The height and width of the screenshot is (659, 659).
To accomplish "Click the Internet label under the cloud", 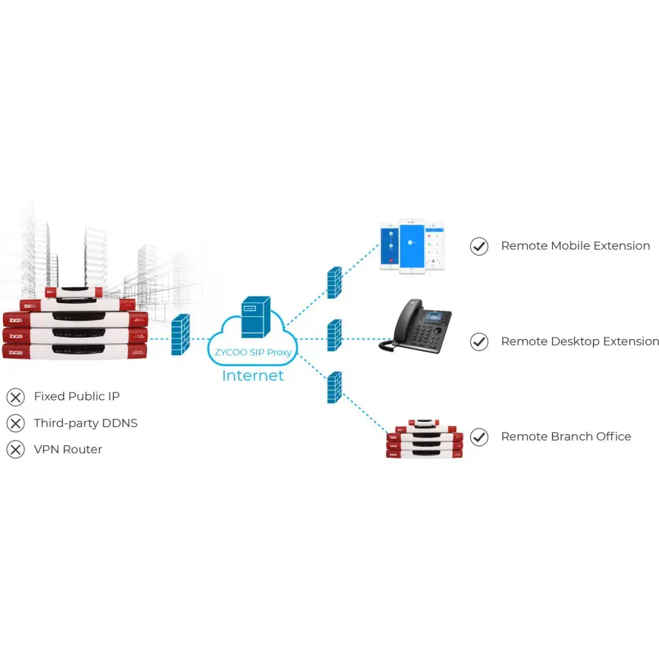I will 253,376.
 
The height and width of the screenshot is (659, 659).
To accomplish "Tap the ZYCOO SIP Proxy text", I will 253,352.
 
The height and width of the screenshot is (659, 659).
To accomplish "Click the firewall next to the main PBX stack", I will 180,335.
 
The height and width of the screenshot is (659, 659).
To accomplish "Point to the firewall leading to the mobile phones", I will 335,281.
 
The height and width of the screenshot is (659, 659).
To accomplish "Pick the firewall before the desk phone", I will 335,336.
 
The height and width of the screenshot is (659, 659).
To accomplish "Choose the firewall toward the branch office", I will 335,387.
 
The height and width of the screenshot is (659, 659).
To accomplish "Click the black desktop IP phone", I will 415,327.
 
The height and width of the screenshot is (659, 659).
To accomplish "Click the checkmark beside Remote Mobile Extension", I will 479,246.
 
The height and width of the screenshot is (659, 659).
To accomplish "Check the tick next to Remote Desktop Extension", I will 479,341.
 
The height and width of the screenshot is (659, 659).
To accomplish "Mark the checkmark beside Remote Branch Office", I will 479,437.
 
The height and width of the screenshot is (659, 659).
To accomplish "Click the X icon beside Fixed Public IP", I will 15,397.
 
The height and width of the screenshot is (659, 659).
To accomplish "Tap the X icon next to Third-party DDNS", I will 15,423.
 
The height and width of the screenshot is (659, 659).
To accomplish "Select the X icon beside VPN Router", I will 15,450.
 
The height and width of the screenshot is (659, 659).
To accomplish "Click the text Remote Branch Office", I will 565,436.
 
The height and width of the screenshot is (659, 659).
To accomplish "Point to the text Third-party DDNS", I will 85,423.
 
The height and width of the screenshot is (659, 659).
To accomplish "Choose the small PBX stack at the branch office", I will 425,439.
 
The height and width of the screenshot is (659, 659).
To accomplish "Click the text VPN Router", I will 67,450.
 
